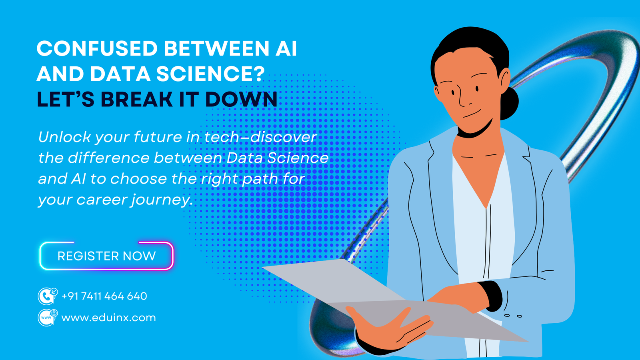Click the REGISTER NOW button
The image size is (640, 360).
coord(106,256)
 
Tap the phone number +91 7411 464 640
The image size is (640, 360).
coord(104,296)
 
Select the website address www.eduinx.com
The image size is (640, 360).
coord(108,318)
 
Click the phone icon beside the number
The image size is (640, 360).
coord(47,296)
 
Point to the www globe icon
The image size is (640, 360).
coord(47,318)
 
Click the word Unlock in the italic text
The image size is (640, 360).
coord(64,137)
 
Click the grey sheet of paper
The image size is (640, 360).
coord(360,288)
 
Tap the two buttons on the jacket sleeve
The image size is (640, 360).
coord(513,316)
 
